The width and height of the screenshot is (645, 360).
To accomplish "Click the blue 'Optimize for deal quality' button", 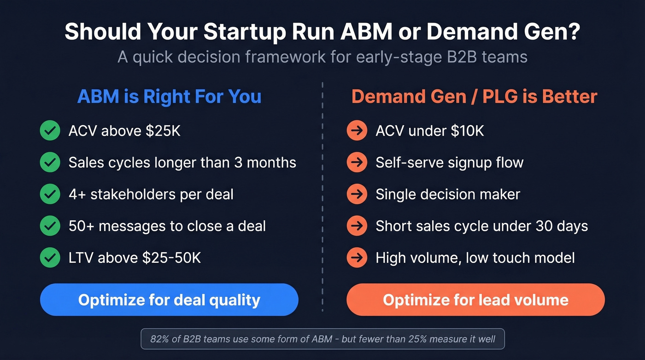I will click(169, 300).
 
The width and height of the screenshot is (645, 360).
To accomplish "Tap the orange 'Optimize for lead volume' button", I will click(475, 300).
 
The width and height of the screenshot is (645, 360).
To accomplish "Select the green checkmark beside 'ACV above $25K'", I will click(50, 131).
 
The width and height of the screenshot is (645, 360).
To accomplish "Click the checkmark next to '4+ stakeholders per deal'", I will click(50, 195).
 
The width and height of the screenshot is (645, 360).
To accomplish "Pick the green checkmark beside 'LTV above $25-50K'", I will click(50, 258).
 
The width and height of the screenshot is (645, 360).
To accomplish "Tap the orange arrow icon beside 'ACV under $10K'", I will click(357, 131).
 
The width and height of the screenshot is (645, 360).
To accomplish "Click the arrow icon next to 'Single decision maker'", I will click(357, 195).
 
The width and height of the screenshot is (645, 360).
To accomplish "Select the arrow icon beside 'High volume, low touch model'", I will click(357, 258).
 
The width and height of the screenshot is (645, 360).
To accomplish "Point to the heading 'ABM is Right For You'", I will click(169, 97).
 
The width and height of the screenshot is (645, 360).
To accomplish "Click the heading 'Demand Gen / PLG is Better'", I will click(474, 97).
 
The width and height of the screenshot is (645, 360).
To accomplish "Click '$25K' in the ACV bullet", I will click(163, 131).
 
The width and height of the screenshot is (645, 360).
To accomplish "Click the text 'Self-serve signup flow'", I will click(449, 163).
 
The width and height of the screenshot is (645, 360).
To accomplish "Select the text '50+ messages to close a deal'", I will click(167, 226).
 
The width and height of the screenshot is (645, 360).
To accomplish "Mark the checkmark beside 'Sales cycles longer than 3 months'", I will click(50, 163).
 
